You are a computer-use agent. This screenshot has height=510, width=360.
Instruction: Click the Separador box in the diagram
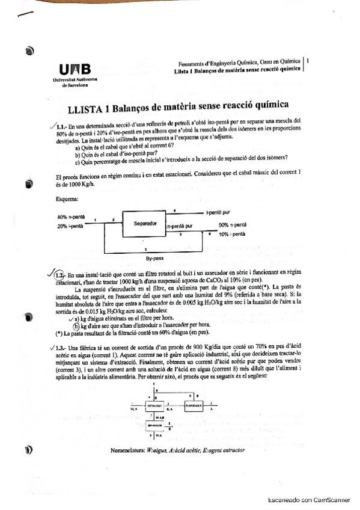pyautogui.click(x=145, y=224)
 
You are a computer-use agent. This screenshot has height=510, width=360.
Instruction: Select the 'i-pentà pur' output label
pyautogui.click(x=218, y=212)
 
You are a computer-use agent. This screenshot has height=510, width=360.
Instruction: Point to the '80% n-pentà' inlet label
pyautogui.click(x=69, y=217)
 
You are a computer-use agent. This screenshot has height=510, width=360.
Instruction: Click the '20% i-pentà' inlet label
pyautogui.click(x=69, y=226)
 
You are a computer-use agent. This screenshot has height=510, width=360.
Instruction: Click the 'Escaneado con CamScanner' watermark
pyautogui.click(x=308, y=499)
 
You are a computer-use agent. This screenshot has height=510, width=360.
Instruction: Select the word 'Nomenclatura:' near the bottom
pyautogui.click(x=128, y=449)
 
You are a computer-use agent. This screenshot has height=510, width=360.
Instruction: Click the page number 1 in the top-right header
pyautogui.click(x=308, y=61)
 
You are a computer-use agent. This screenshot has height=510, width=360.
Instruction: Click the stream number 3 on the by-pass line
pyautogui.click(x=146, y=248)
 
